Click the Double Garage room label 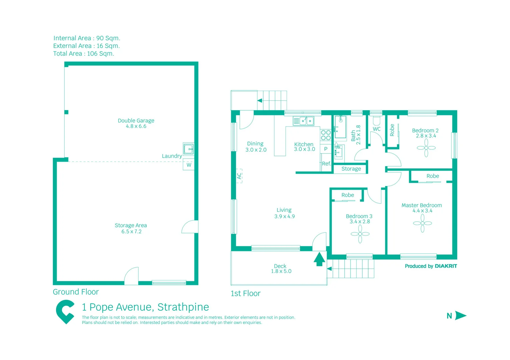[136, 120]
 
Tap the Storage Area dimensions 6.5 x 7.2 [131, 232]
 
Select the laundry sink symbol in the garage [188, 149]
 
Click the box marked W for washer [189, 165]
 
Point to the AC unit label [239, 176]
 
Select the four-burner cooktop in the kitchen [326, 135]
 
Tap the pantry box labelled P [326, 149]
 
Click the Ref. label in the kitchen [326, 164]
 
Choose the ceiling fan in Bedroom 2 [426, 148]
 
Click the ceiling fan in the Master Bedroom [422, 223]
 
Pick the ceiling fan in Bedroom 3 [360, 234]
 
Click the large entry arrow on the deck [319, 259]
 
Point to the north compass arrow [460, 315]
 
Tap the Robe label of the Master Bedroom [433, 176]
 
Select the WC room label [377, 129]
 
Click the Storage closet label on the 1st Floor [351, 169]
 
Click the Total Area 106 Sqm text [84, 53]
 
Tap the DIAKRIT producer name [446, 266]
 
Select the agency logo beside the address [65, 312]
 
